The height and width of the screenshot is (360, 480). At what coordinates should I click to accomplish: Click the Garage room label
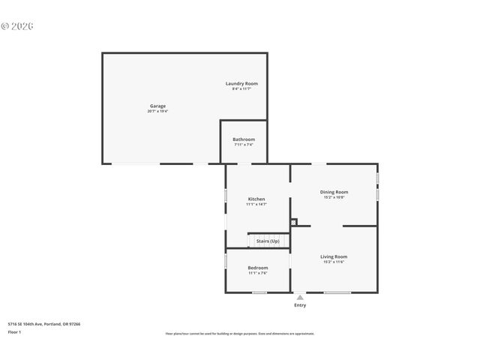click(x=157, y=106)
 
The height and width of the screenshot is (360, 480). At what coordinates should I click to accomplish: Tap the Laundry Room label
click(x=241, y=83)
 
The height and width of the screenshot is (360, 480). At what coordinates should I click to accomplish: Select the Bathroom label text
click(x=244, y=139)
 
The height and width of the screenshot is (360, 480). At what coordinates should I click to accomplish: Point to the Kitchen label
click(x=256, y=199)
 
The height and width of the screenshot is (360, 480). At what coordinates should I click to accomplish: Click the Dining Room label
click(x=334, y=192)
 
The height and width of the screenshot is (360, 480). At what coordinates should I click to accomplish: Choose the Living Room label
click(x=334, y=256)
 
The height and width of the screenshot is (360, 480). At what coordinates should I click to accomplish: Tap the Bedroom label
click(x=258, y=268)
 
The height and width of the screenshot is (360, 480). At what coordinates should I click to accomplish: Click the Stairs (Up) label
click(x=268, y=241)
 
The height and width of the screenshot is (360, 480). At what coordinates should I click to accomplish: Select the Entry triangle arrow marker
click(x=300, y=298)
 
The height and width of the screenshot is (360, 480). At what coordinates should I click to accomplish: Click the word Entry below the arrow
click(x=300, y=305)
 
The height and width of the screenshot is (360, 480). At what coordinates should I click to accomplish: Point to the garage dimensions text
click(x=157, y=111)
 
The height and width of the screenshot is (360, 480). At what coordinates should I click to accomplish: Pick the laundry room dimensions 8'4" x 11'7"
click(x=241, y=89)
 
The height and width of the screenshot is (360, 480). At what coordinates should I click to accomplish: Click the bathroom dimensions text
click(x=244, y=145)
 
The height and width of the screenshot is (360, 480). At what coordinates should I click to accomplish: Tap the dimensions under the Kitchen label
click(x=256, y=204)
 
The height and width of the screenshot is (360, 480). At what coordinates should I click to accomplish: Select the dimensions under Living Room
click(x=334, y=262)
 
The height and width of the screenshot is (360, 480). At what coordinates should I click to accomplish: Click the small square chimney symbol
click(x=294, y=221)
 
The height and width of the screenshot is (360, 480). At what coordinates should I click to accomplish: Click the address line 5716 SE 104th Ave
click(x=44, y=324)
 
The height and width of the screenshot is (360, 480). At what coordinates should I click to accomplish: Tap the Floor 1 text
click(x=15, y=331)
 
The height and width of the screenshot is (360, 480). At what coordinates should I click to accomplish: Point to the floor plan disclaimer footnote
click(x=240, y=333)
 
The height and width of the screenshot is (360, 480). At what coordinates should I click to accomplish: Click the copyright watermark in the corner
click(x=17, y=26)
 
